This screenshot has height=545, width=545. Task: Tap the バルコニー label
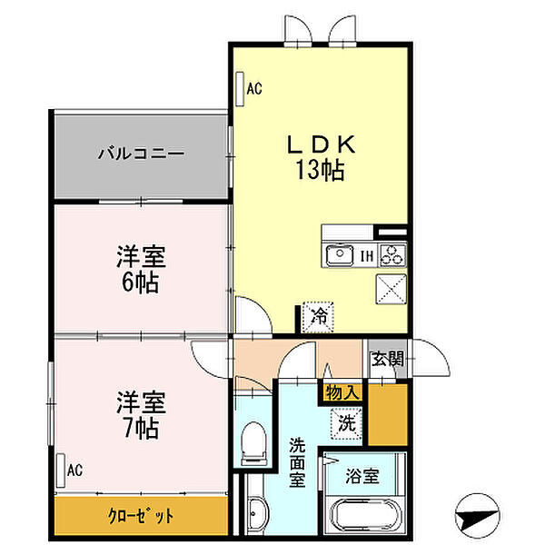(141, 153)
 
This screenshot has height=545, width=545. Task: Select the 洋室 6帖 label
(141, 270)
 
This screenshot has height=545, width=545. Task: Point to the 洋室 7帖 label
(141, 412)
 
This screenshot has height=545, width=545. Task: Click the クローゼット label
(141, 516)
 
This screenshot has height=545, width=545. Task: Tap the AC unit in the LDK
(239, 89)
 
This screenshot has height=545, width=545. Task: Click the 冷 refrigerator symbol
(319, 316)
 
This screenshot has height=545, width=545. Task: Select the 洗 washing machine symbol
(346, 421)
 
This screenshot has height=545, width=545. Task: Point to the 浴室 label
(362, 475)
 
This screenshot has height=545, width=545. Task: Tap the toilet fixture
(253, 444)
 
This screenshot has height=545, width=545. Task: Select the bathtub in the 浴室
(367, 519)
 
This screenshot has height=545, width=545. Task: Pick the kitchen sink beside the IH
(339, 254)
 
